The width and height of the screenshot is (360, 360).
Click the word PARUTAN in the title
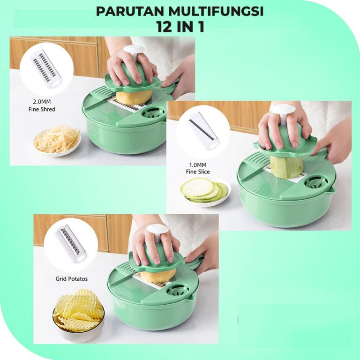[131, 11]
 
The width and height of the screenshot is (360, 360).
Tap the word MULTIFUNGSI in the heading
[216, 11]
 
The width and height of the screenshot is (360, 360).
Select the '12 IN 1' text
[180, 27]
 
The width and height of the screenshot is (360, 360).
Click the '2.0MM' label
[42, 102]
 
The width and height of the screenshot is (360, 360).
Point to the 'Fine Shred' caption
[42, 109]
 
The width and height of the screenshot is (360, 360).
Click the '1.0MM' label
[198, 165]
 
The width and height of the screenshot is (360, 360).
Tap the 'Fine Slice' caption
[198, 172]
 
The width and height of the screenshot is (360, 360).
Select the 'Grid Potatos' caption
[71, 279]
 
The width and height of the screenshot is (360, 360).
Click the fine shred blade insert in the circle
[46, 68]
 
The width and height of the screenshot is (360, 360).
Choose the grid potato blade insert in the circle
[71, 244]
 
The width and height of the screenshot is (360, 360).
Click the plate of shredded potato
[57, 141]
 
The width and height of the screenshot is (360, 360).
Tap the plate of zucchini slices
[205, 192]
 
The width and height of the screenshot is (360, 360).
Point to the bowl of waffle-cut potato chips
[79, 315]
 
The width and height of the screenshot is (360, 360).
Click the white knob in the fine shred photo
[134, 52]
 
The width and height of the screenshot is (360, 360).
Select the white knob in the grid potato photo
[157, 232]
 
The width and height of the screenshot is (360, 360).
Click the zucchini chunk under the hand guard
[284, 166]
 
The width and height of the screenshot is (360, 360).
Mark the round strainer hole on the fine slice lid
[316, 182]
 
